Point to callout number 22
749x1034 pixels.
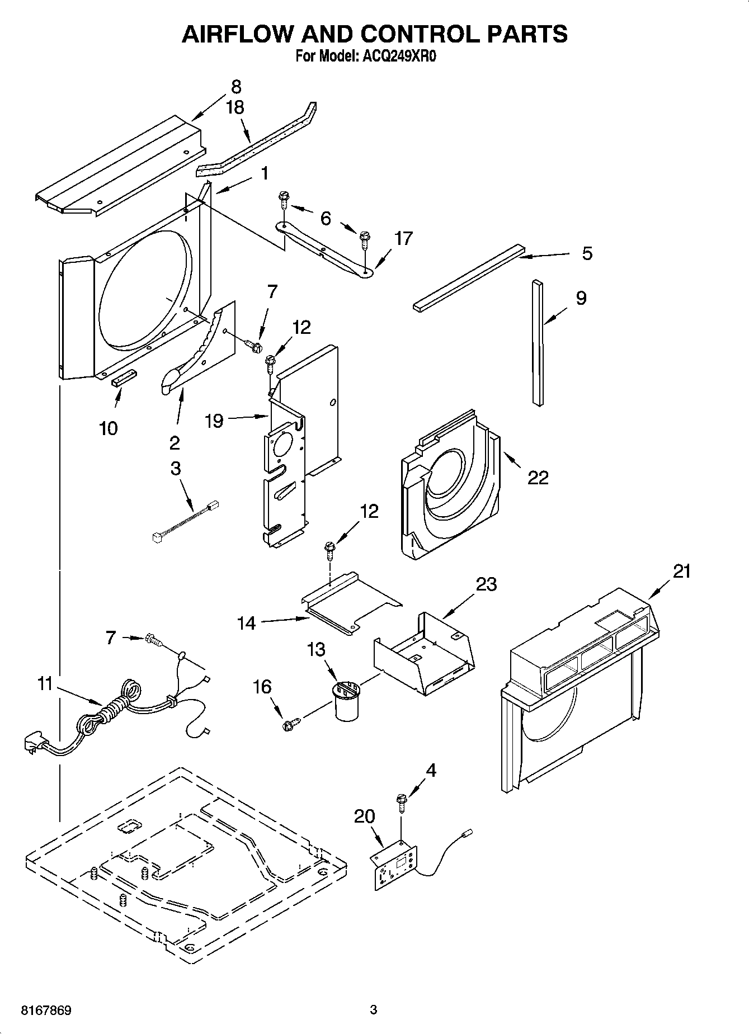[538, 477]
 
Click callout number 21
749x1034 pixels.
[681, 571]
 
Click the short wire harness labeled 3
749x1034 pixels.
[185, 521]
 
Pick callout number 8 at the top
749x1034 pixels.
[236, 87]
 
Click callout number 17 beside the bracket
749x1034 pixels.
[403, 238]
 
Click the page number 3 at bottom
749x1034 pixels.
[374, 1010]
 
